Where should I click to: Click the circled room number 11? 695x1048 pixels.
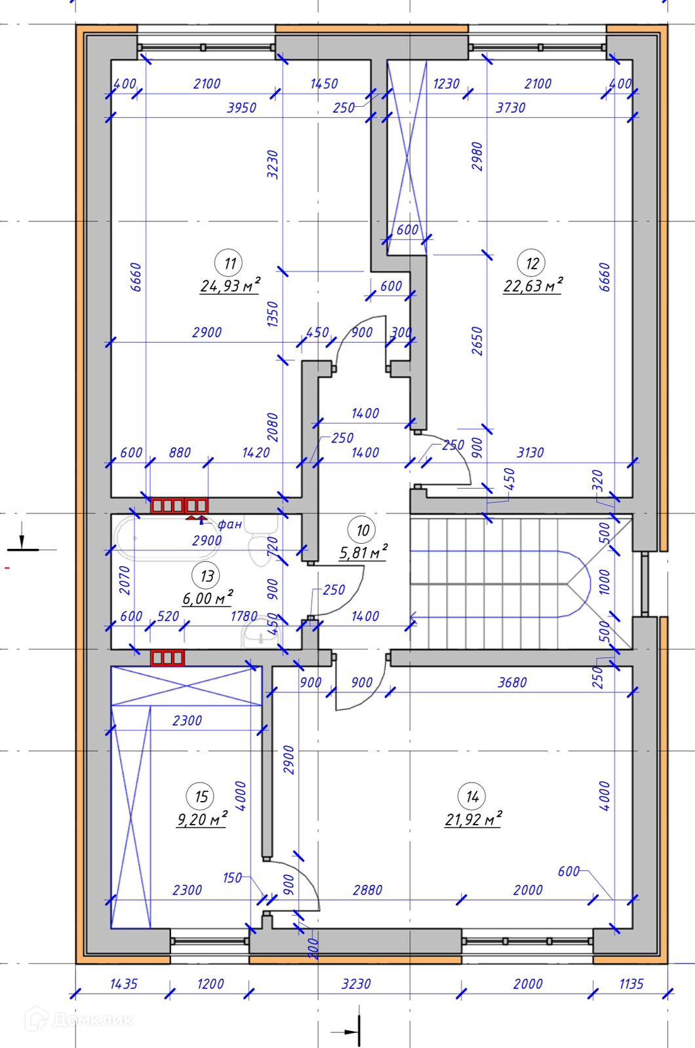click(229, 263)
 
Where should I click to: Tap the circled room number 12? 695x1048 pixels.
click(532, 263)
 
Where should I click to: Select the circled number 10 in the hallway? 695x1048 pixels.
click(363, 530)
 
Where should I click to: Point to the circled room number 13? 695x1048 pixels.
click(207, 576)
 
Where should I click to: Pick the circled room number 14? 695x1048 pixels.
click(472, 796)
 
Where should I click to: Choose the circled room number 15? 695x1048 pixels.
click(201, 796)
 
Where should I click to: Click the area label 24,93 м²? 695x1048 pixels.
click(229, 286)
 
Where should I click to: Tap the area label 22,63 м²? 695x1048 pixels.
click(532, 286)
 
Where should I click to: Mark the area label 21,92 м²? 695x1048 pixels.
click(473, 819)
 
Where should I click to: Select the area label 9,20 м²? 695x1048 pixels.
click(201, 819)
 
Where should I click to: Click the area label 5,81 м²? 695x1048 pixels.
click(363, 553)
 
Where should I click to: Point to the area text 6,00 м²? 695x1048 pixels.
click(207, 599)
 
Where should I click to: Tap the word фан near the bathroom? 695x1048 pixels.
click(229, 524)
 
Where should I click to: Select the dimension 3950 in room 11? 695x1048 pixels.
click(241, 108)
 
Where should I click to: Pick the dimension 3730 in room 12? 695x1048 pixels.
click(510, 108)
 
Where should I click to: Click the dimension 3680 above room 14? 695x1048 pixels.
click(512, 683)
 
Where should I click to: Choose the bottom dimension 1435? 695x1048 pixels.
click(123, 984)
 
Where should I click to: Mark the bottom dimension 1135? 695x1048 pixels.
click(631, 984)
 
